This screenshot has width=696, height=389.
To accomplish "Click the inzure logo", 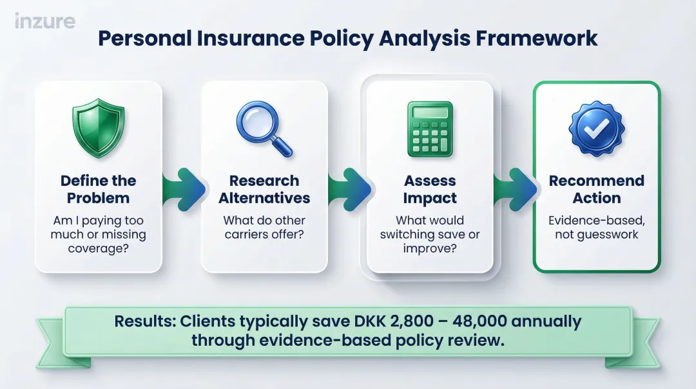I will coord(44,21).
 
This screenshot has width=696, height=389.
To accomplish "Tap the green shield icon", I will coord(98,127).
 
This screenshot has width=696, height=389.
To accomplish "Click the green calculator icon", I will coord(430,129).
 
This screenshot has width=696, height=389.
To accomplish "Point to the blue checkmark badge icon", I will coord(596,127).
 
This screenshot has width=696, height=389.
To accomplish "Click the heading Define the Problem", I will coord(98,189).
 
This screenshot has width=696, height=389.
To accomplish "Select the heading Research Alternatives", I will coord(264,189).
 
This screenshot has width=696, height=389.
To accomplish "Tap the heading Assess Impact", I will coord(430,189).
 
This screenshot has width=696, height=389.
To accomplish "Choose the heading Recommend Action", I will coord(596,189).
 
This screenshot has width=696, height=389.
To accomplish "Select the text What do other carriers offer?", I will coord(264,227).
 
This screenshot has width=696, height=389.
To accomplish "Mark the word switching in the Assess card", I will coord(411,234).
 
